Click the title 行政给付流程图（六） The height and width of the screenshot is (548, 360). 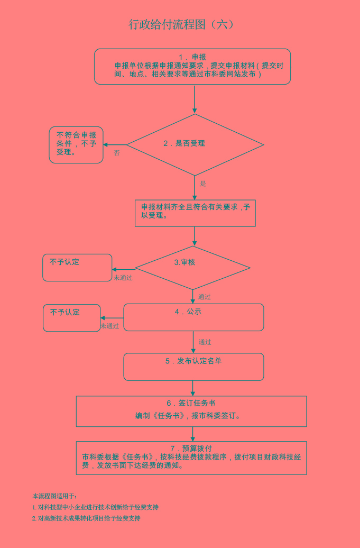point(180,24)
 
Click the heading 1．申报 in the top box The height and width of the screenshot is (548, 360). point(192,57)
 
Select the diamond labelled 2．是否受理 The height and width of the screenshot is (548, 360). point(195,144)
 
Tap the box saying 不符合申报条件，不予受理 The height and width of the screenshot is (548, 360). point(76,144)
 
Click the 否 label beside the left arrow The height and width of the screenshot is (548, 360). point(117,153)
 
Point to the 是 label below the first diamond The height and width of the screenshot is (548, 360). point(203,184)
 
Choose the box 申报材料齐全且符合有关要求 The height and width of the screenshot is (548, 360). point(195,213)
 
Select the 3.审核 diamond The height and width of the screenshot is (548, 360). point(192,267)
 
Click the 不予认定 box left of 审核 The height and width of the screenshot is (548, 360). point(77,268)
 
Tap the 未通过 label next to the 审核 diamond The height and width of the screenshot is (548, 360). point(123,278)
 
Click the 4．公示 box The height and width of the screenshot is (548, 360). point(193,317)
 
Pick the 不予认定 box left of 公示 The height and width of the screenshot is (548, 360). point(72,318)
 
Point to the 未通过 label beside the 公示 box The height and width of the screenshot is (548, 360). point(110,326)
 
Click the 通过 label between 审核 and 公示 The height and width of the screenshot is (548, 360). point(204,297)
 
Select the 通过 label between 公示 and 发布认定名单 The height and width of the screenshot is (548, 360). point(205,342)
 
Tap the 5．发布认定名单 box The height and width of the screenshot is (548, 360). point(193,367)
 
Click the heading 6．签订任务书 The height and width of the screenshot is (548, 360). point(191,403)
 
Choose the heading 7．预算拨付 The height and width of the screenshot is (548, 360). point(191,448)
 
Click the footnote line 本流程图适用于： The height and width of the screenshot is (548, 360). point(54,496)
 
